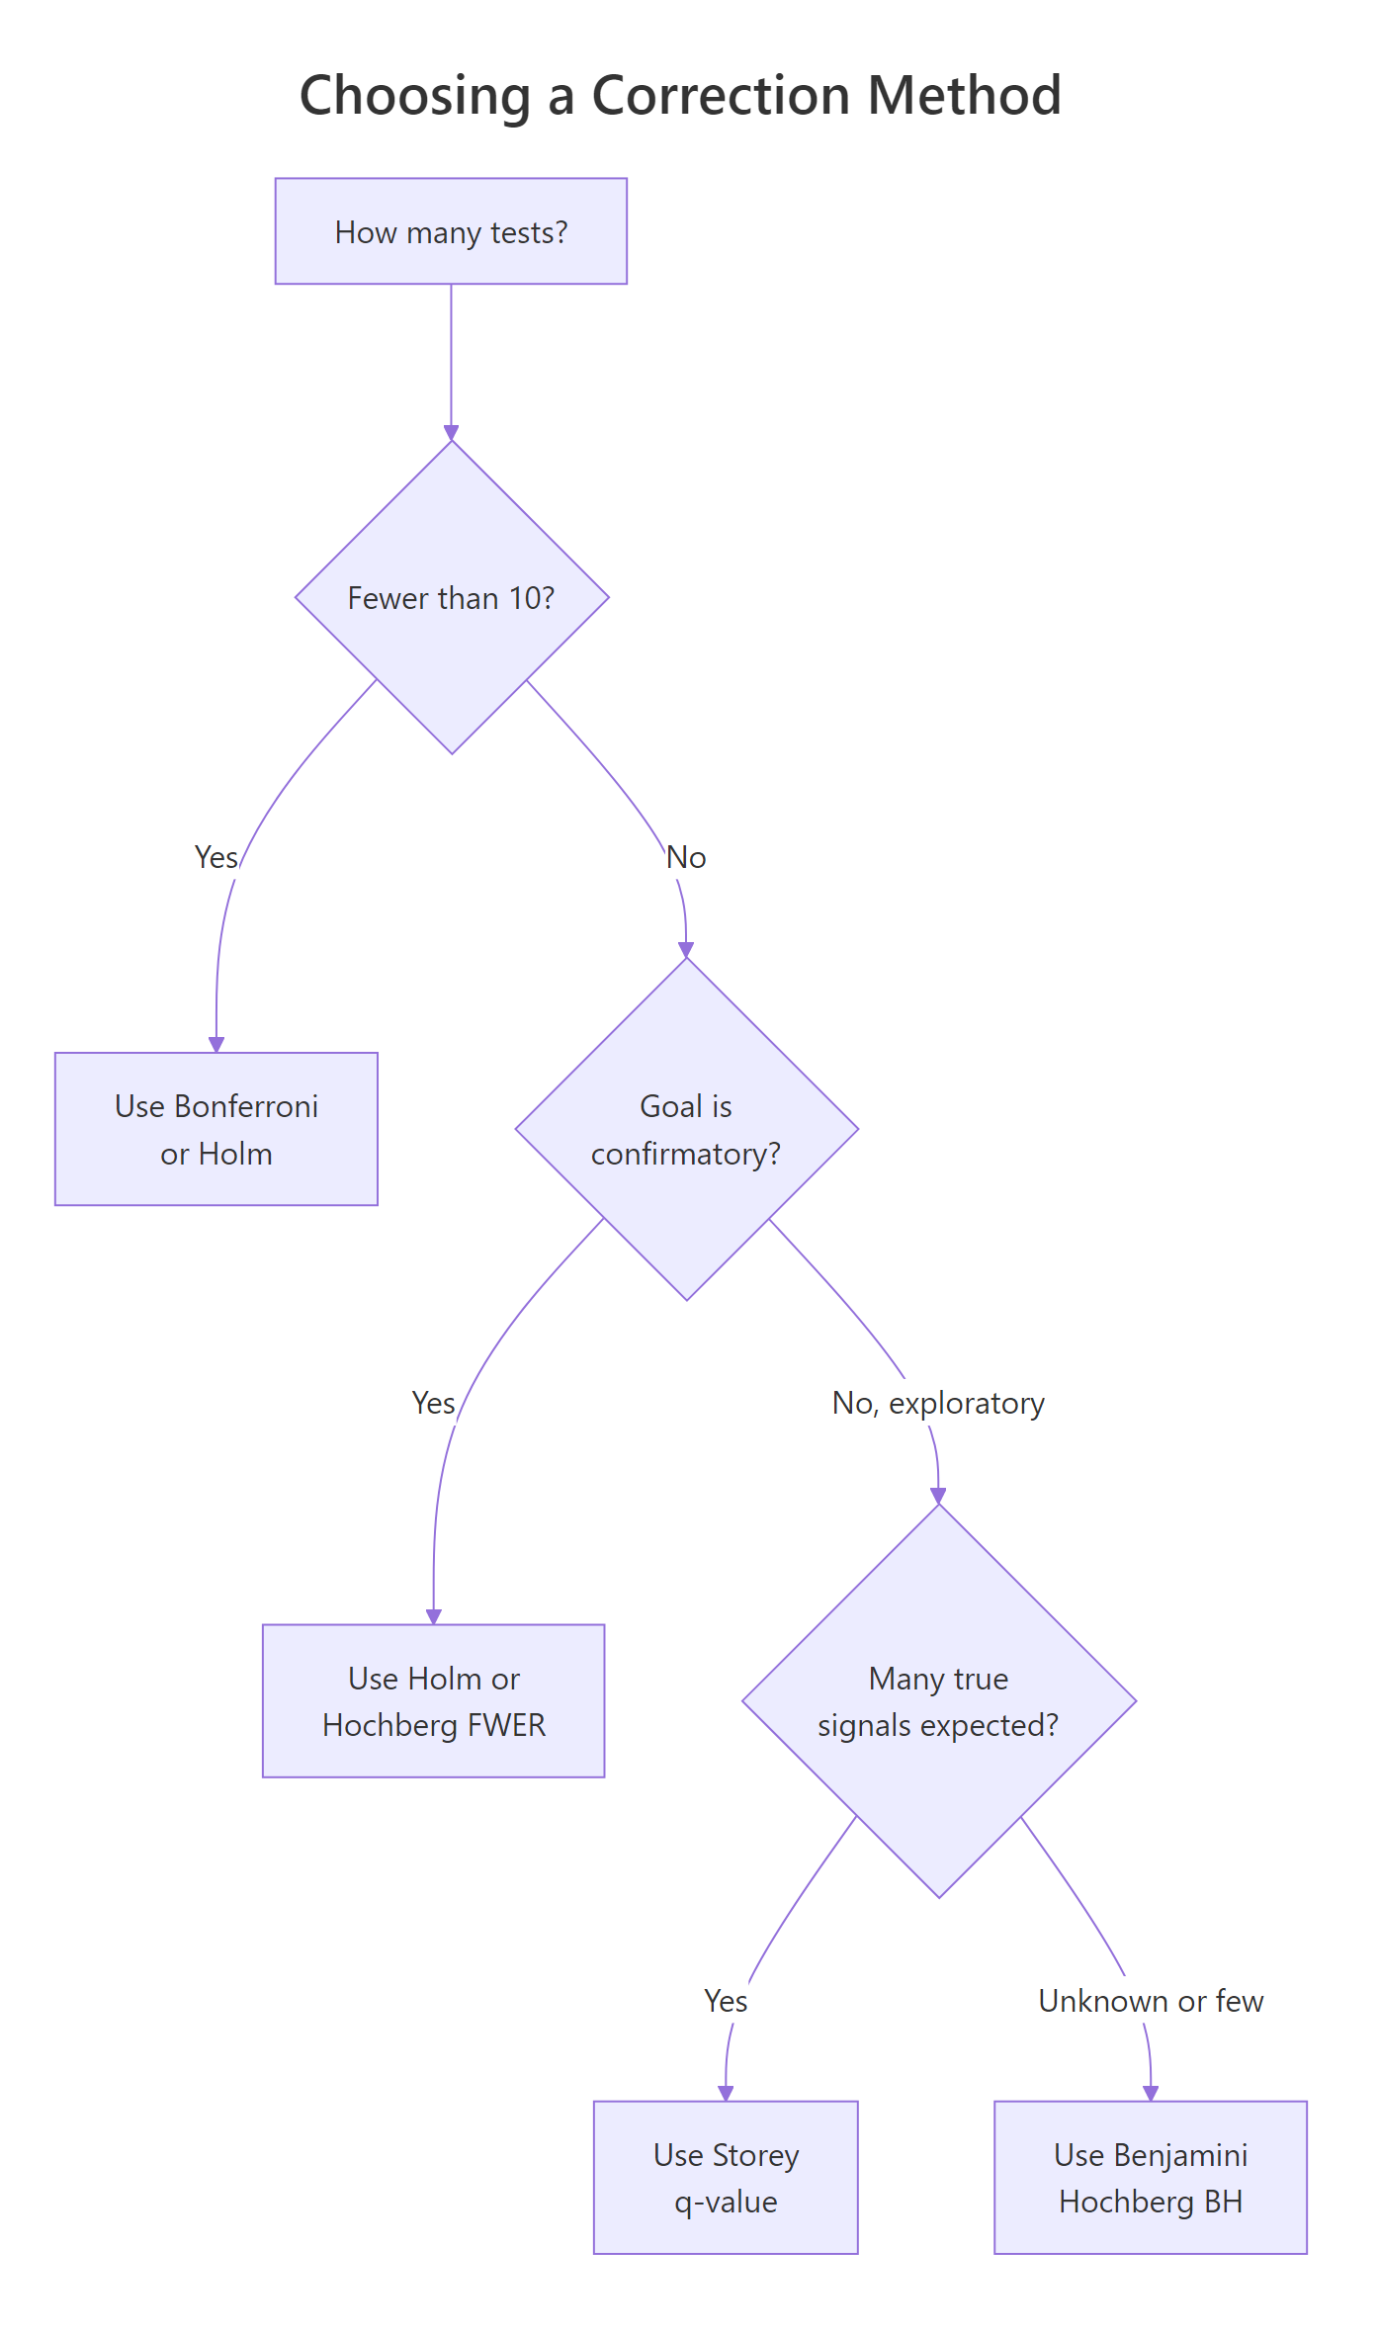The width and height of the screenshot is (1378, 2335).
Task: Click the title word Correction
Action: [721, 96]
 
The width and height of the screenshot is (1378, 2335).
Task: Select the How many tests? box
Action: [451, 231]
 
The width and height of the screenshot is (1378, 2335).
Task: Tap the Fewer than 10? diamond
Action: [452, 597]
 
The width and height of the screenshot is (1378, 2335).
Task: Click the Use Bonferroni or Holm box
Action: [216, 1129]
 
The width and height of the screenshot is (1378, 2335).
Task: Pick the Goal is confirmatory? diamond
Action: [686, 1129]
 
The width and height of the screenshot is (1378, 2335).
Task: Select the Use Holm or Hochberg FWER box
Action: [433, 1700]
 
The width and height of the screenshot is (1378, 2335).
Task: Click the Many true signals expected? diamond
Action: [938, 1700]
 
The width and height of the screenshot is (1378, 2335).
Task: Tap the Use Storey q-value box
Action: [726, 2177]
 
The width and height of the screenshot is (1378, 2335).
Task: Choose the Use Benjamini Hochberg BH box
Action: [1151, 2177]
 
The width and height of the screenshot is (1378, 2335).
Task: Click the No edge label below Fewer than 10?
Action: [686, 857]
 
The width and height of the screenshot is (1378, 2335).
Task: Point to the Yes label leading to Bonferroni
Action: [216, 857]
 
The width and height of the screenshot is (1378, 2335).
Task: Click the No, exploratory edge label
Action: [938, 1403]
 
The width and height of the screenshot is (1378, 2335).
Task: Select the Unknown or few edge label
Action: [1151, 2001]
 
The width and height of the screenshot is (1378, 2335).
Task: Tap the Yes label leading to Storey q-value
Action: [726, 2001]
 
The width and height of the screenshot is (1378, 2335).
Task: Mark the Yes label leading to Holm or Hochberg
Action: [433, 1403]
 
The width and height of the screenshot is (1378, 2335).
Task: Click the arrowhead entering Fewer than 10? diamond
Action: [451, 433]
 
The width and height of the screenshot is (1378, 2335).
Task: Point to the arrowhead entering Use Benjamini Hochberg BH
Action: [1151, 2093]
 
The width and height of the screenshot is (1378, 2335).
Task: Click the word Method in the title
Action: [964, 96]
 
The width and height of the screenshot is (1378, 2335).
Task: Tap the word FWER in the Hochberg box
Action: [506, 1725]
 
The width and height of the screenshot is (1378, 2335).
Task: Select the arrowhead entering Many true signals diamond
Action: [938, 1496]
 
